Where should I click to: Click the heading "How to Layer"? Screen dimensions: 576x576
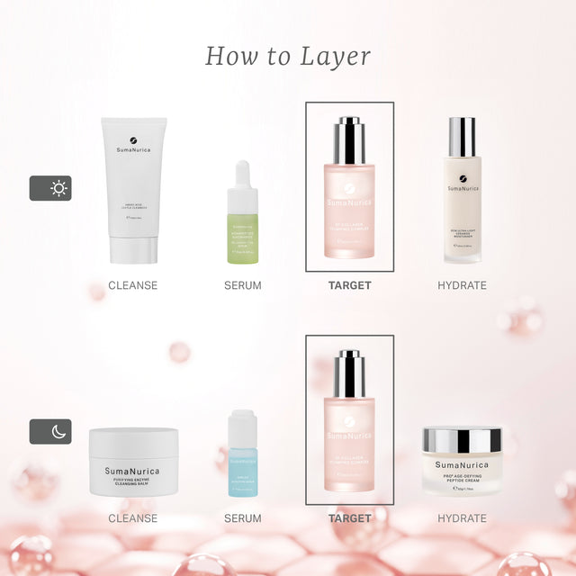(288, 56)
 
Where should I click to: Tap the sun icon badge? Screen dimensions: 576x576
(50, 187)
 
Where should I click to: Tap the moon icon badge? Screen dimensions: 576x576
(50, 431)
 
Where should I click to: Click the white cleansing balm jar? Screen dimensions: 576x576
(133, 462)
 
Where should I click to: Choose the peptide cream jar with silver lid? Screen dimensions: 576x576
(462, 460)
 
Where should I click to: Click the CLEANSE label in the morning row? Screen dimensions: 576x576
(133, 285)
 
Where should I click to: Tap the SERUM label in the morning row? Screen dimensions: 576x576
(242, 285)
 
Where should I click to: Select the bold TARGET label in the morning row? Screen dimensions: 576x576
(349, 285)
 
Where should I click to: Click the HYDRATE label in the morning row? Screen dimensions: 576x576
(462, 285)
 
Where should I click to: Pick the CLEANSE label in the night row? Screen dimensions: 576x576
(133, 518)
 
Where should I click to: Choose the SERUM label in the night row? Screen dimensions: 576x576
(242, 518)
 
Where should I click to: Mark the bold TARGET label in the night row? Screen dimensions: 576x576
(349, 518)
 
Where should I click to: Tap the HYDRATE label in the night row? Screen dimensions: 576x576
(462, 518)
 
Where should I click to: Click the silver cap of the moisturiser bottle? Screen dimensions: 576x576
(462, 137)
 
